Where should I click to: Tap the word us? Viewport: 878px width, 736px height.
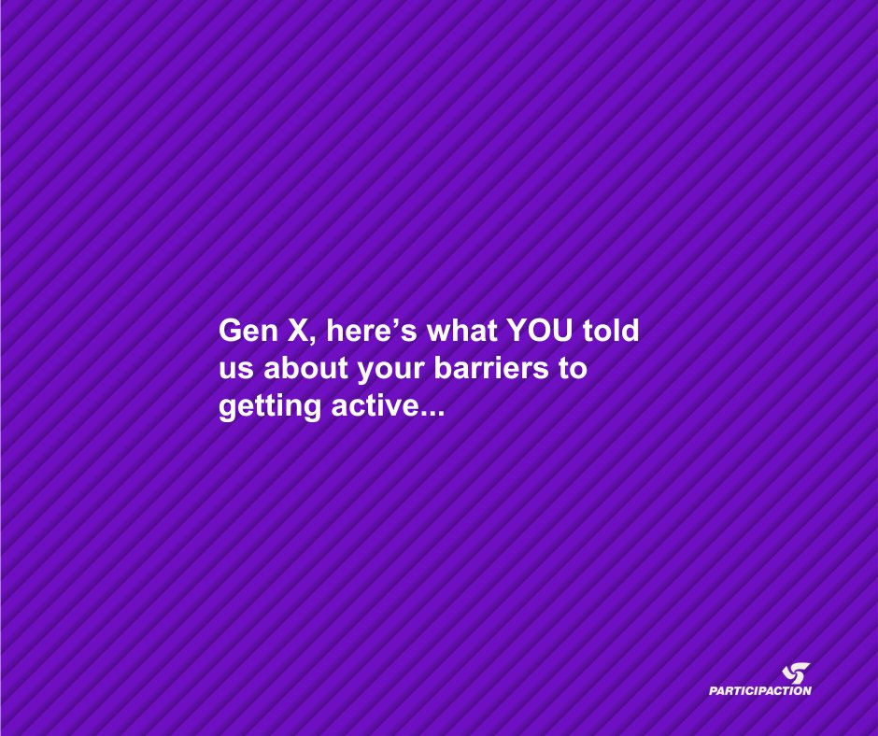[x=234, y=370]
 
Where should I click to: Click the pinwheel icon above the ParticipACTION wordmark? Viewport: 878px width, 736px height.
[x=797, y=672]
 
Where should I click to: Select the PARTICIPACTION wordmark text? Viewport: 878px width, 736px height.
[x=759, y=691]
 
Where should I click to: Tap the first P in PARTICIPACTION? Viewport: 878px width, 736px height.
[x=714, y=691]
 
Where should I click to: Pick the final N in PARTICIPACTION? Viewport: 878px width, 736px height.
[x=806, y=691]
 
